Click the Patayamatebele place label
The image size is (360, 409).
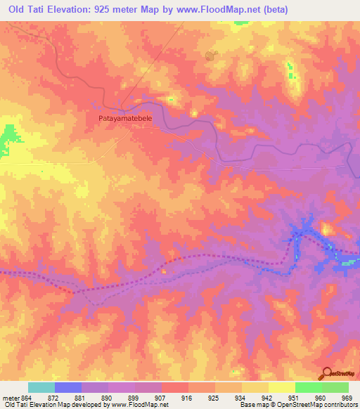point(124,119)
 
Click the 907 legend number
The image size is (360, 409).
point(162,397)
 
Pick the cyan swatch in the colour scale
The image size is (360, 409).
point(41,387)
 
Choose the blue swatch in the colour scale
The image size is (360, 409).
point(68,387)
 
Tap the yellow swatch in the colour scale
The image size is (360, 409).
point(282,387)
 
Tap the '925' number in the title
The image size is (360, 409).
point(108,10)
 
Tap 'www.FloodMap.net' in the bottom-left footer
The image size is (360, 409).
point(133,405)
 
